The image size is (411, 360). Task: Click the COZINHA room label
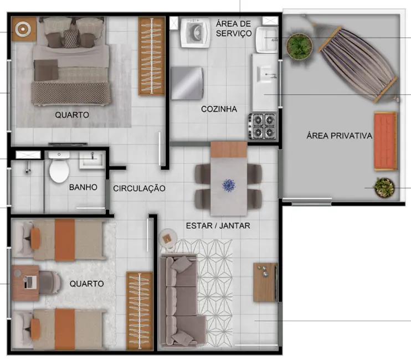click(x=219, y=109)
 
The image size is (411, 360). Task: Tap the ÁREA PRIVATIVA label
click(x=339, y=136)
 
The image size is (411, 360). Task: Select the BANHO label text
click(x=83, y=187)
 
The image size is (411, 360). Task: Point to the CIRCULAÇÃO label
click(x=139, y=188)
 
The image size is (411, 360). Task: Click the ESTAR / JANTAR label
click(x=218, y=225)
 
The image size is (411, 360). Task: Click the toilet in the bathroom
click(x=58, y=169)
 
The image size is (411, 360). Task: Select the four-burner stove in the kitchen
click(x=263, y=126)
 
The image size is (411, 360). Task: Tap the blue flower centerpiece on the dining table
click(x=229, y=185)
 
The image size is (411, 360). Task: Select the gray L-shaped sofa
click(x=181, y=299)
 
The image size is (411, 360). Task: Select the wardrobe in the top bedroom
click(x=151, y=56)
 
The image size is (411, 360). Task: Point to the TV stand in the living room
click(x=265, y=282)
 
